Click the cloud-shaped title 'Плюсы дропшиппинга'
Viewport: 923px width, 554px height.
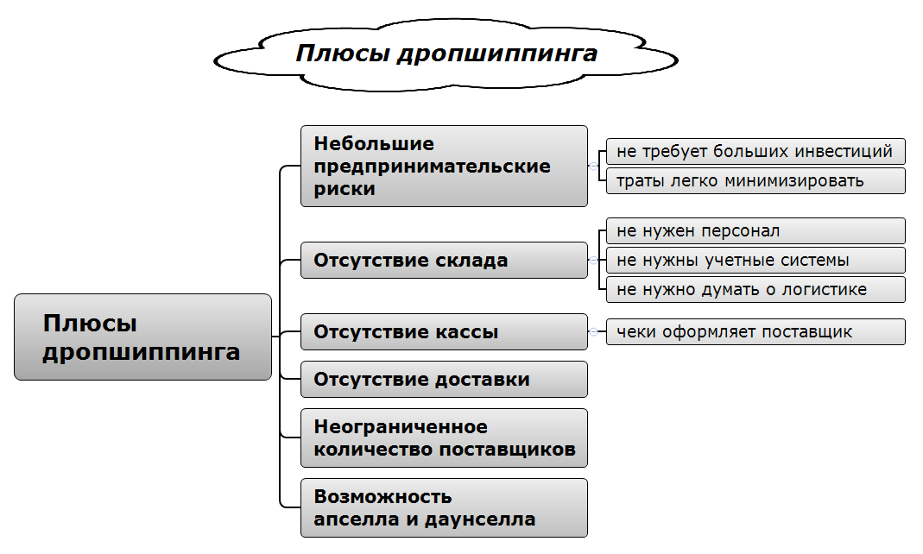click(x=446, y=54)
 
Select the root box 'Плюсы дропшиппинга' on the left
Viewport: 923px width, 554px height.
click(x=142, y=337)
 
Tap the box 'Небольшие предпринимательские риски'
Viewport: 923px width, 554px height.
click(x=444, y=167)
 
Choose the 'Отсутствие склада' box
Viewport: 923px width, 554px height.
click(x=444, y=260)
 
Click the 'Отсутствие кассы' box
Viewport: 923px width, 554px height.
click(x=444, y=331)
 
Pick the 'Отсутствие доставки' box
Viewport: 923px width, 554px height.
click(x=444, y=379)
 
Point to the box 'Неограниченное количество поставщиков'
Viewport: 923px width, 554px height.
click(x=444, y=438)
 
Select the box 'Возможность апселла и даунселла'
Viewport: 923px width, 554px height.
click(x=444, y=508)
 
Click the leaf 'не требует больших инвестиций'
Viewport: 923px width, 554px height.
click(x=755, y=152)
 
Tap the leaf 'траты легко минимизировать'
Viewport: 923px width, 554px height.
click(x=755, y=180)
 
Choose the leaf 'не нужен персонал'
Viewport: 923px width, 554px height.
click(x=755, y=231)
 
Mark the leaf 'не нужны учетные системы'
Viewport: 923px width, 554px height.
click(x=755, y=260)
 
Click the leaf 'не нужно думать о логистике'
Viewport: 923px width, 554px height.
click(x=755, y=289)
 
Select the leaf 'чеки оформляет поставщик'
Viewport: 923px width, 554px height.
click(x=755, y=331)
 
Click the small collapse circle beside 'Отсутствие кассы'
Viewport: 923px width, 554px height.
click(x=593, y=331)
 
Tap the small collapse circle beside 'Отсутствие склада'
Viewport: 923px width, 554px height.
click(x=593, y=260)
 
